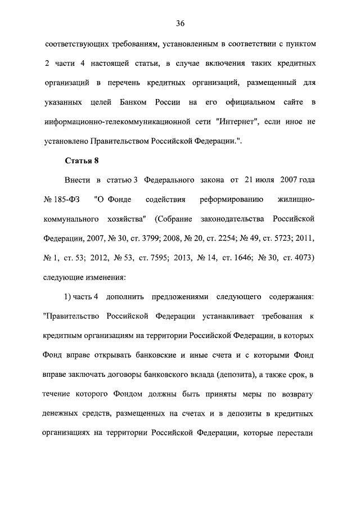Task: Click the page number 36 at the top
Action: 180,23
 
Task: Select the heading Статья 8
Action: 82,160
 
